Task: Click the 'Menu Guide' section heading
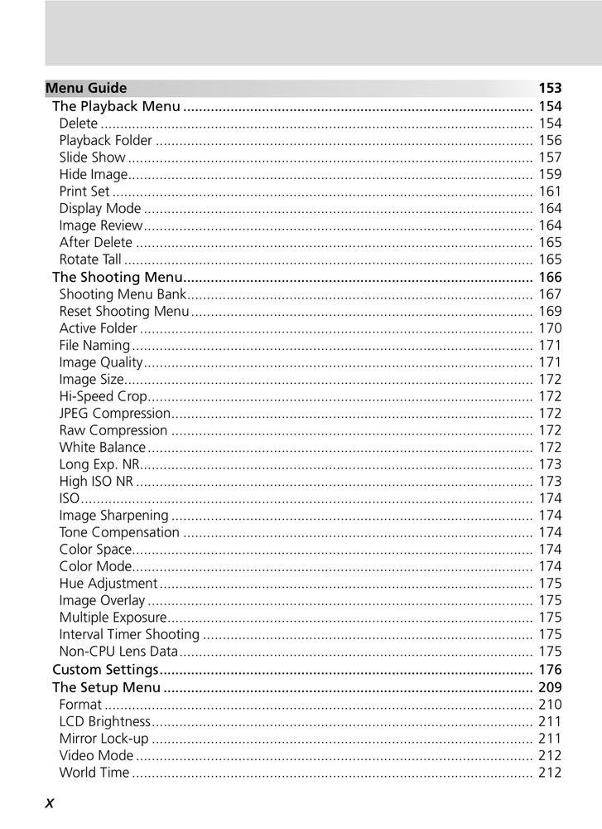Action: pyautogui.click(x=86, y=88)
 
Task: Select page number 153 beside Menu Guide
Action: pyautogui.click(x=550, y=88)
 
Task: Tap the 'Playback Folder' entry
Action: pyautogui.click(x=105, y=140)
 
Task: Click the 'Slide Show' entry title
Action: pyautogui.click(x=92, y=158)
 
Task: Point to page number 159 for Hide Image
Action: pyautogui.click(x=550, y=174)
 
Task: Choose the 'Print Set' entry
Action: pyautogui.click(x=84, y=191)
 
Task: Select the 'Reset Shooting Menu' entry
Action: pyautogui.click(x=124, y=311)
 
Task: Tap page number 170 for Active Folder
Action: pyautogui.click(x=550, y=328)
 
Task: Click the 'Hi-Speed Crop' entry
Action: pyautogui.click(x=103, y=396)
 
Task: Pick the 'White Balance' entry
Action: pyautogui.click(x=102, y=448)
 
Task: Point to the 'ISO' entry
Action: pyautogui.click(x=70, y=498)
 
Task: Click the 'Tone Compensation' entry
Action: pyautogui.click(x=119, y=532)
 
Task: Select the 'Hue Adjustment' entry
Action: pyautogui.click(x=108, y=584)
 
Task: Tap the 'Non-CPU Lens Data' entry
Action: pyautogui.click(x=118, y=652)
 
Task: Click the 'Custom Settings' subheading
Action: pyautogui.click(x=105, y=669)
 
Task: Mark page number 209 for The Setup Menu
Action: pyautogui.click(x=550, y=687)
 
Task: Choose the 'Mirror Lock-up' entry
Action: pyautogui.click(x=104, y=738)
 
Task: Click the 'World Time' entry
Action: pyautogui.click(x=94, y=773)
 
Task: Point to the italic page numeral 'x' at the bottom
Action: pyautogui.click(x=50, y=802)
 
